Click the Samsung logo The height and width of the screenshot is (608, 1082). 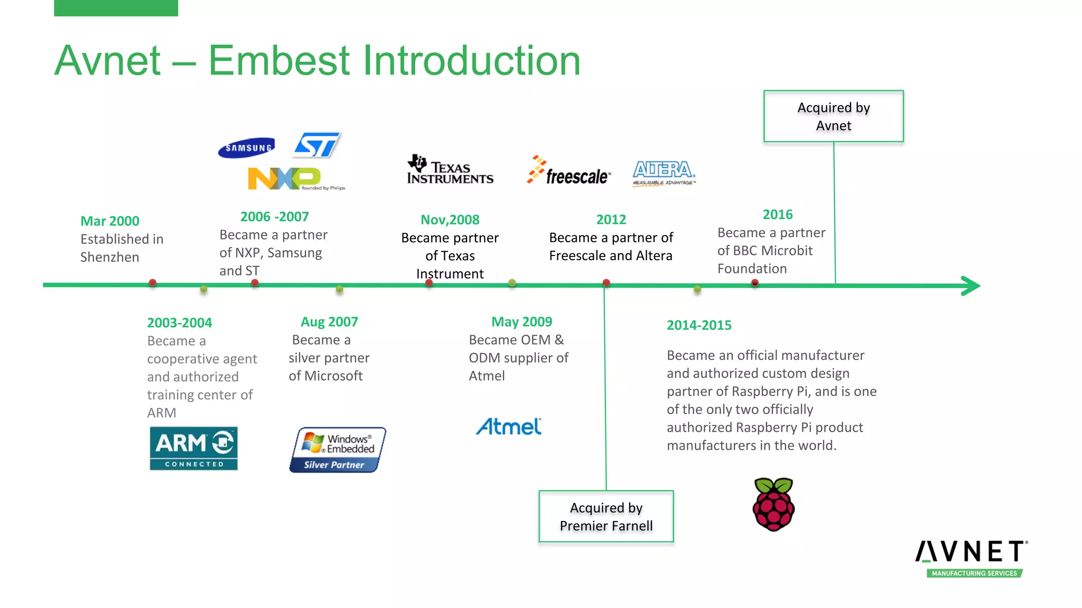[247, 148]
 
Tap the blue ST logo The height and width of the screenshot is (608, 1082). [317, 145]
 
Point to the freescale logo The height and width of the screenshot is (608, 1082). [569, 171]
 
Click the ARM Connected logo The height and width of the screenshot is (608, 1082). [193, 448]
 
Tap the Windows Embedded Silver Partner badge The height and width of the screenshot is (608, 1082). [338, 450]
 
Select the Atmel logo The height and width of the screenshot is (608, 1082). [509, 426]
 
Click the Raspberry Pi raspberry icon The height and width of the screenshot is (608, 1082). [773, 504]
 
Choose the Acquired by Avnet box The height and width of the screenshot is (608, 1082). [833, 116]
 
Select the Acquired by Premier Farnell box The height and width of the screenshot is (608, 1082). [606, 516]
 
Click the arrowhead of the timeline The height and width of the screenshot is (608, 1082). [971, 286]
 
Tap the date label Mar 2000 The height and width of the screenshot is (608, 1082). [110, 221]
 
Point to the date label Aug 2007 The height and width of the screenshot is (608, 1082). [329, 322]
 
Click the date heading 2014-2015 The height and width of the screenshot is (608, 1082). [699, 325]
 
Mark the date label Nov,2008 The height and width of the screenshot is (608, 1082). [450, 220]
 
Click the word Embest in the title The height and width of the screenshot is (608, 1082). [279, 60]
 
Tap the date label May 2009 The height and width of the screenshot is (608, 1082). [521, 322]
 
